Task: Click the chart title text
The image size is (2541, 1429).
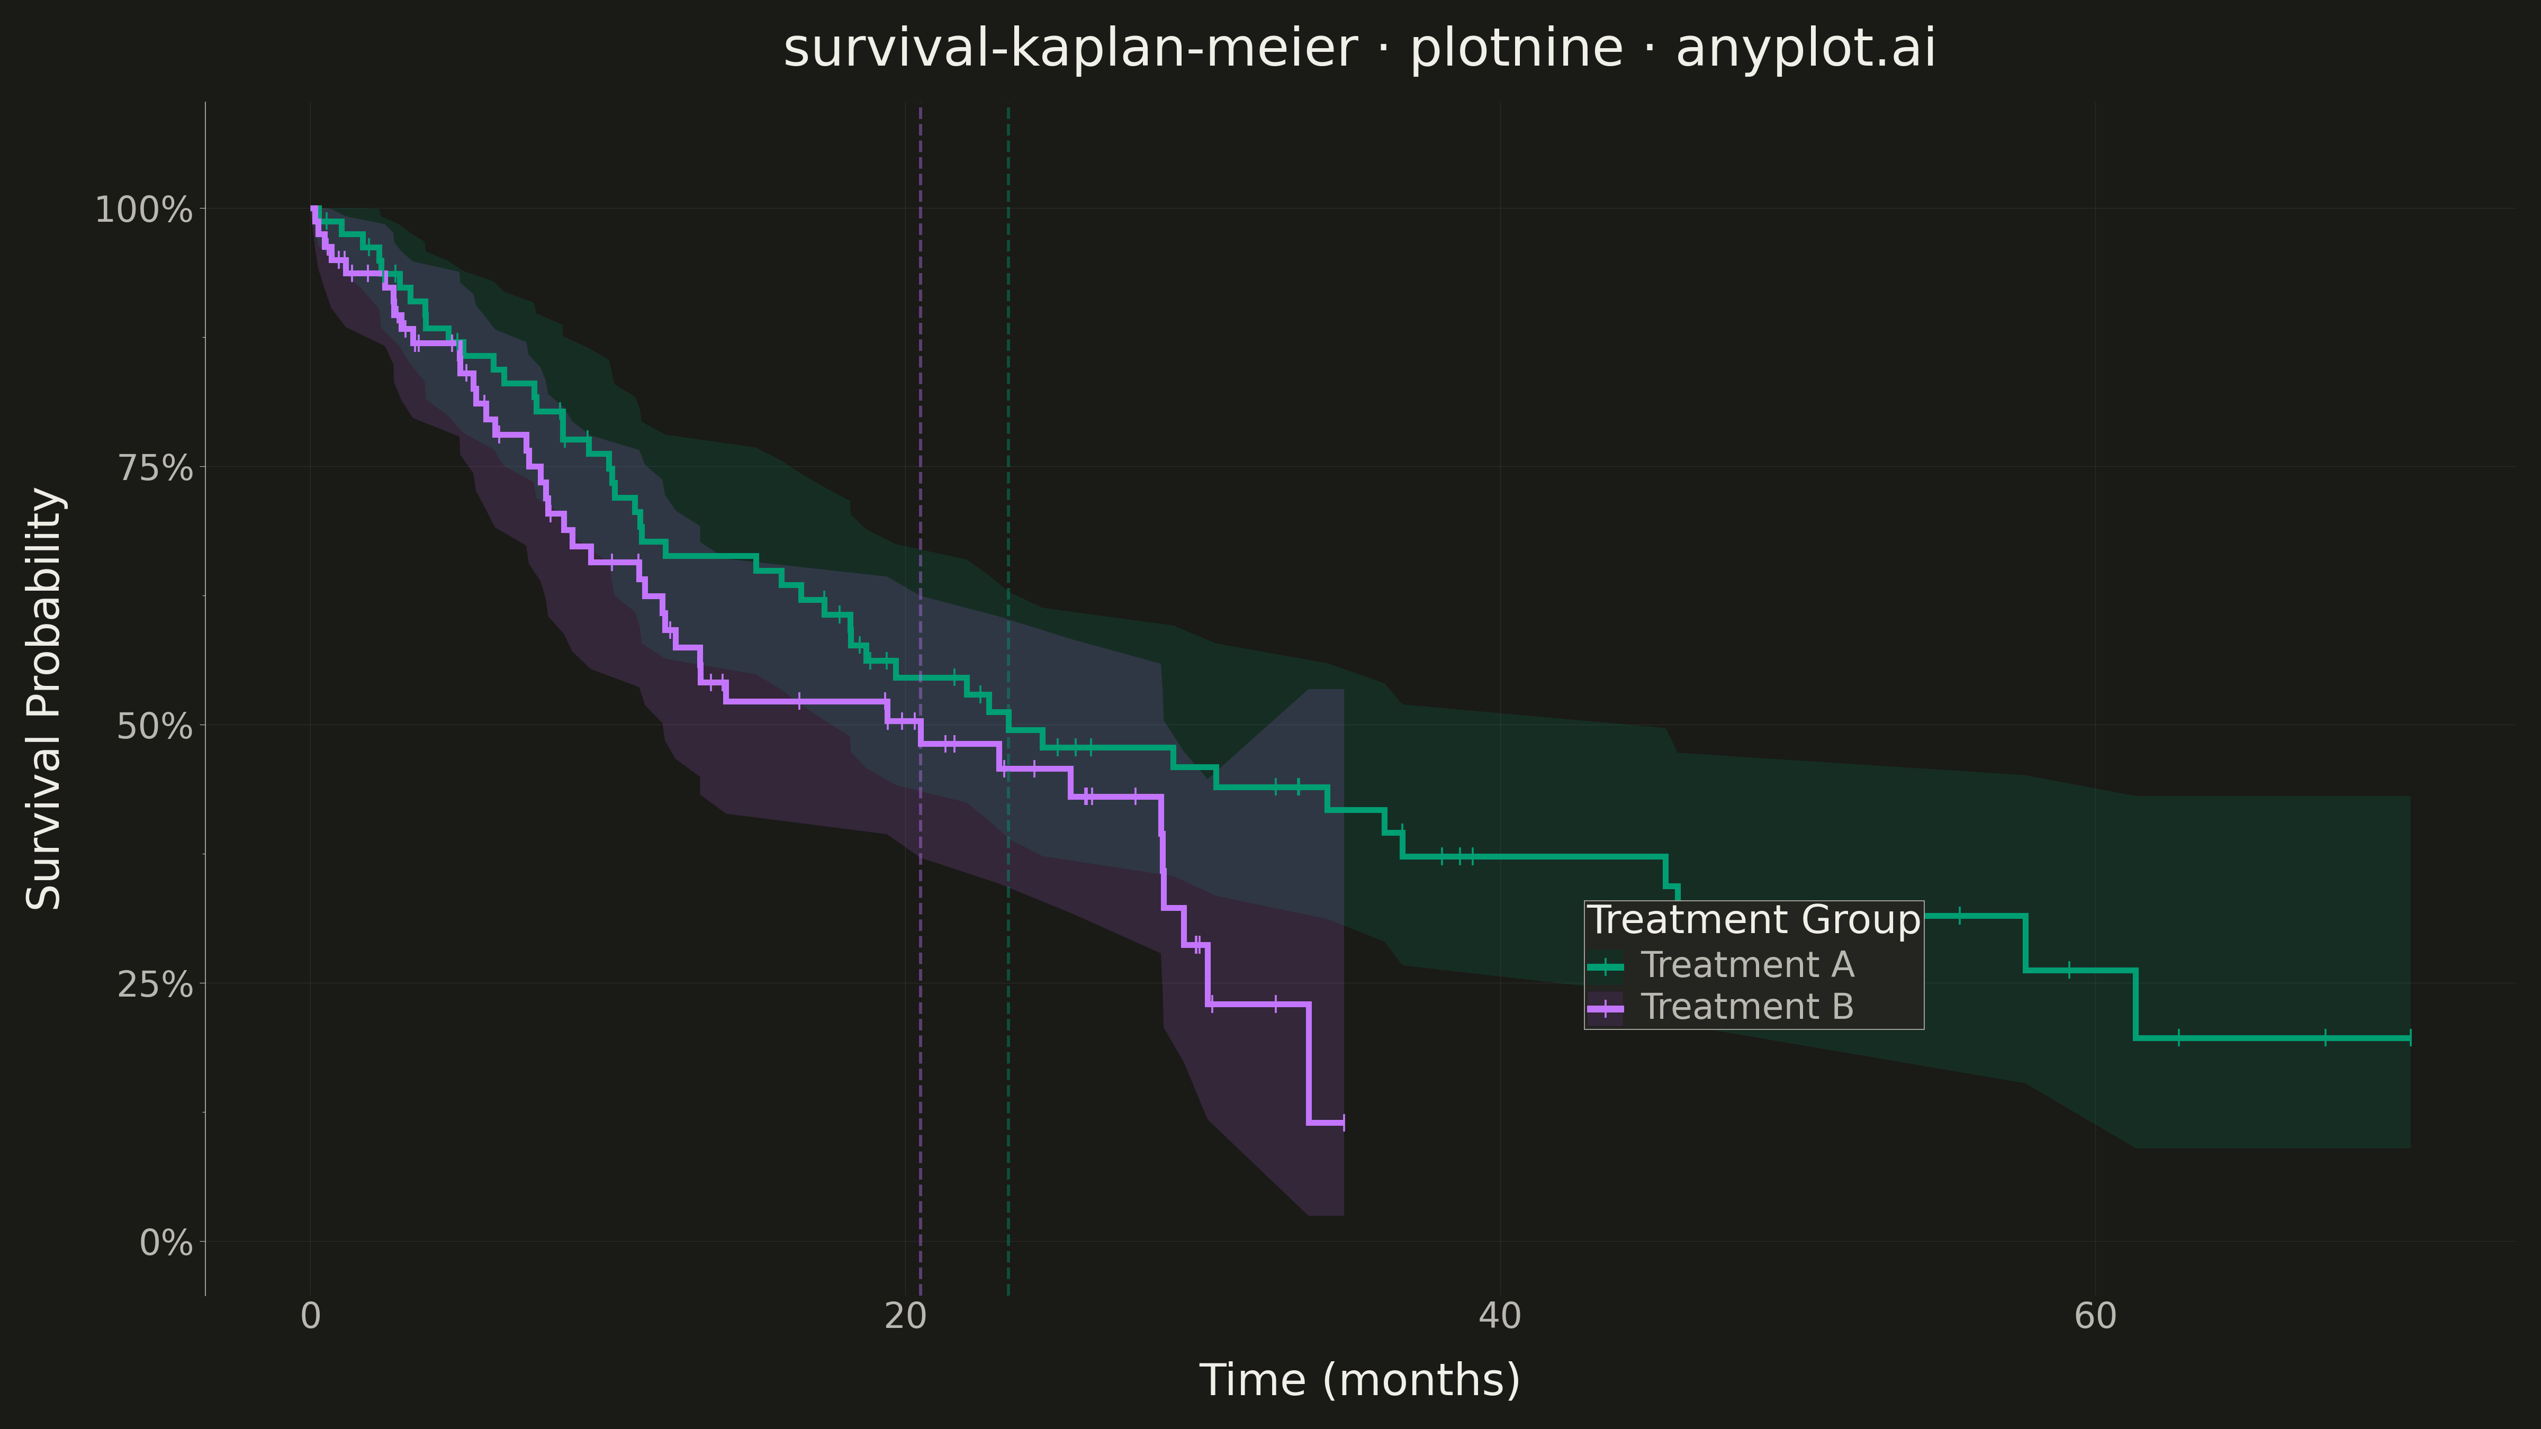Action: [1359, 48]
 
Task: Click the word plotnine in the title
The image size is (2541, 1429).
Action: [1516, 48]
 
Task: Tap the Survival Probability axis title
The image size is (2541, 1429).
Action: [44, 698]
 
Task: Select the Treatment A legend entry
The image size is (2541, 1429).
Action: [1722, 964]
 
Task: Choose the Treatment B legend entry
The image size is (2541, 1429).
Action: [1722, 1007]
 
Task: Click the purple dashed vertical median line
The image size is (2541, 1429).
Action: [921, 700]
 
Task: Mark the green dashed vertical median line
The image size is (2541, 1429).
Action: [1008, 700]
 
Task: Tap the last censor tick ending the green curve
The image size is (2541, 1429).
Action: [2410, 1037]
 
